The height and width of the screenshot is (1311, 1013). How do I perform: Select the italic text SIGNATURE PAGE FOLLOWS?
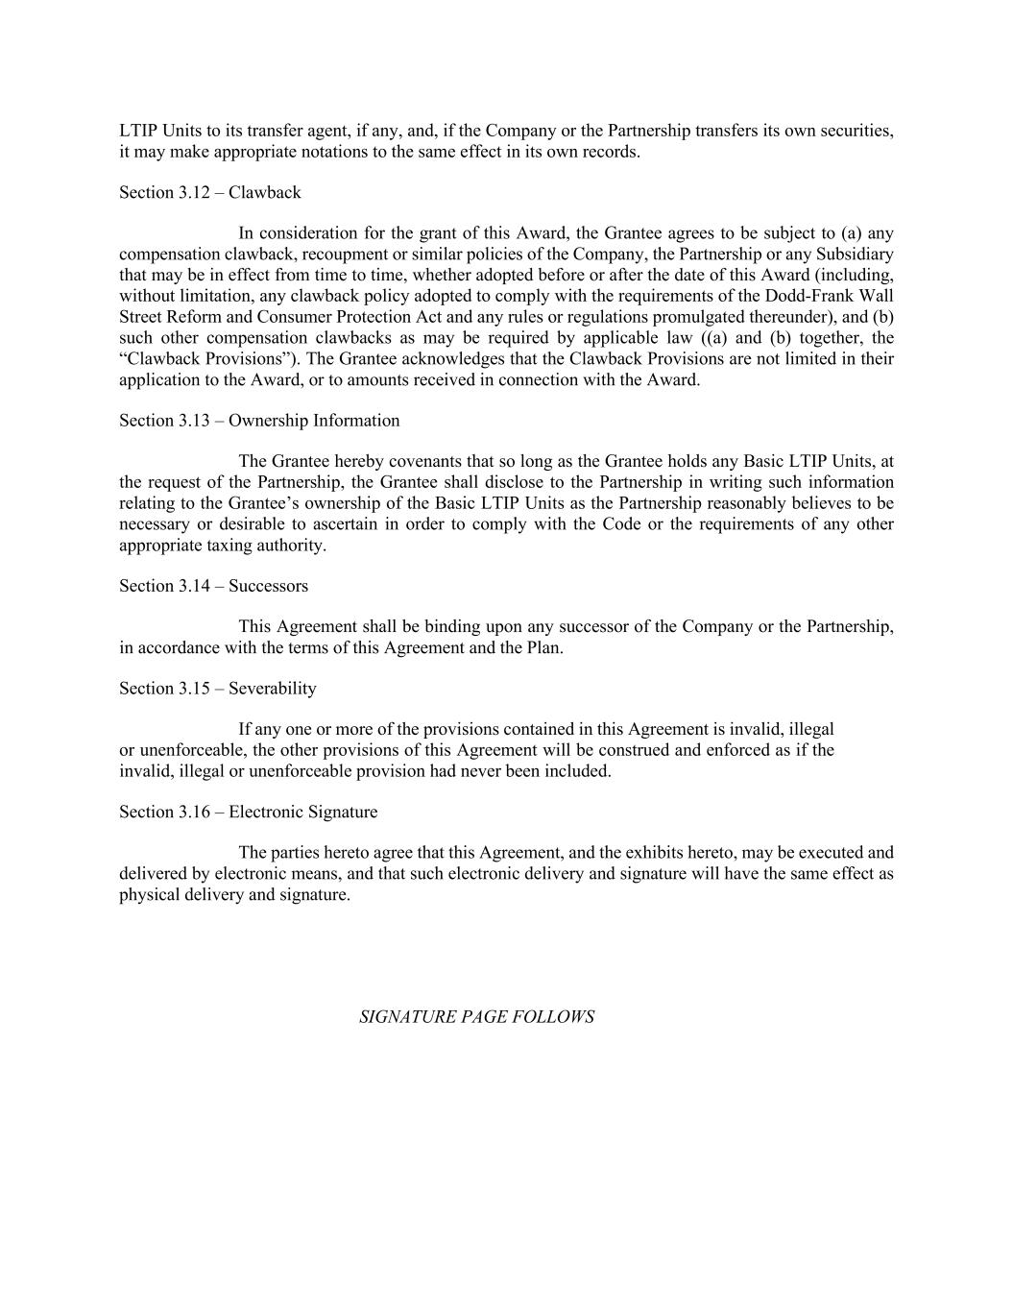(476, 1016)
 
